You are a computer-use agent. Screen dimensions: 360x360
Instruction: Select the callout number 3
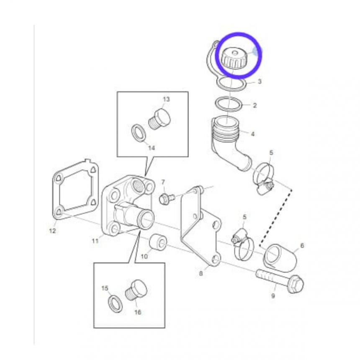click(260, 82)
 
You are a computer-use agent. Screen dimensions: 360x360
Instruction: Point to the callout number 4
click(253, 134)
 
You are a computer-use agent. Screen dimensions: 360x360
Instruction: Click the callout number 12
click(53, 231)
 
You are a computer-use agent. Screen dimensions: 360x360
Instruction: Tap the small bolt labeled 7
click(167, 198)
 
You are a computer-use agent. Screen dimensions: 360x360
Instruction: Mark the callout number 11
click(95, 241)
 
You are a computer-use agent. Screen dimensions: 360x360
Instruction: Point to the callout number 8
click(201, 273)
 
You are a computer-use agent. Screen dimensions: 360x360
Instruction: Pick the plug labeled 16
click(136, 290)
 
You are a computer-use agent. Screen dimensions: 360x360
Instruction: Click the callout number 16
click(138, 312)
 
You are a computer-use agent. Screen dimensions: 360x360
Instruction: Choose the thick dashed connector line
click(276, 218)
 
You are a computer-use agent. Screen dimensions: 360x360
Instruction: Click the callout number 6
click(302, 245)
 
